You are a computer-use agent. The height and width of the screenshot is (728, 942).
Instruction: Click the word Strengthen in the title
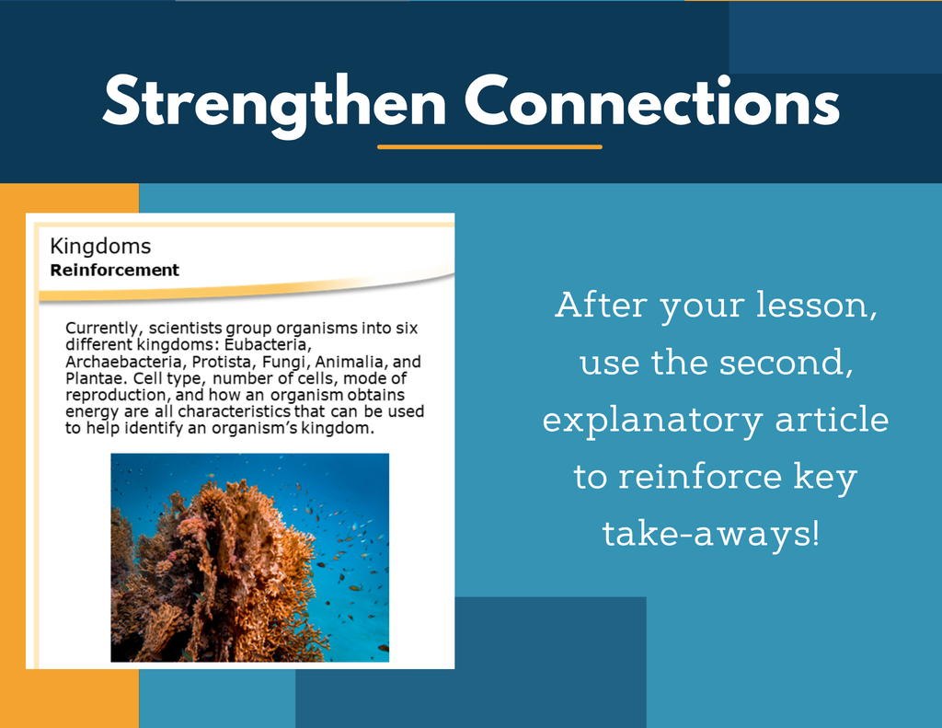point(274,103)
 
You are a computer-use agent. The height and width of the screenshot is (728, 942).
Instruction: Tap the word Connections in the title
point(652,100)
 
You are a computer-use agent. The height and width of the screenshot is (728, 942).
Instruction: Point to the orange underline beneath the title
point(489,146)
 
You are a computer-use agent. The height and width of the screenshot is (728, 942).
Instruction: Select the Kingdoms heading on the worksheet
point(100,247)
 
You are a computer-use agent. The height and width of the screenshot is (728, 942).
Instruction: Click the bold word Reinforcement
point(114,270)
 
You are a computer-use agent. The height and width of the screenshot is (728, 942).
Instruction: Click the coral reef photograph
point(250,558)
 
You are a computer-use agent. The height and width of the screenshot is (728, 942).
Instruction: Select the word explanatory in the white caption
point(652,421)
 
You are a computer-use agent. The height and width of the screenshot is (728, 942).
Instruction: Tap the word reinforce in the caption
point(700,477)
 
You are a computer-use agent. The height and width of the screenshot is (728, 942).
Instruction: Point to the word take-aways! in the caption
point(711,535)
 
